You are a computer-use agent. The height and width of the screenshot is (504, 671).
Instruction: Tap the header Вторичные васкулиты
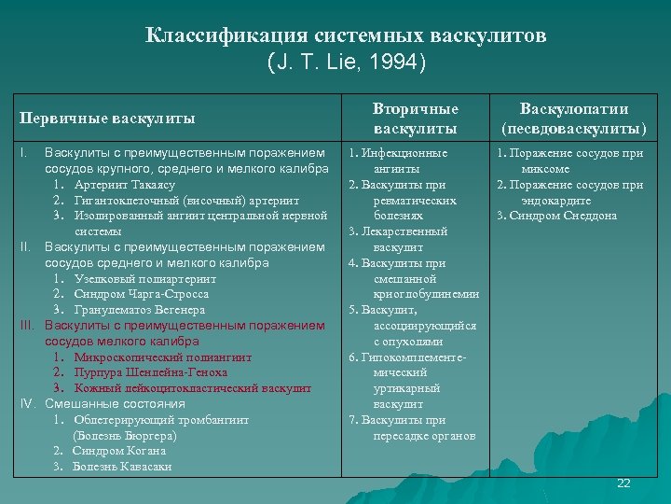(416, 119)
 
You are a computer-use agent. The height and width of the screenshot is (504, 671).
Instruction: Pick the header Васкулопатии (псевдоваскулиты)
(574, 119)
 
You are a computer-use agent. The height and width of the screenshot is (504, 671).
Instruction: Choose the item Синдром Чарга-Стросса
(142, 294)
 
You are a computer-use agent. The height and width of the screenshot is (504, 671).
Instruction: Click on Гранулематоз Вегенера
(141, 309)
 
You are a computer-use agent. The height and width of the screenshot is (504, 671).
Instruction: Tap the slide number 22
(623, 483)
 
